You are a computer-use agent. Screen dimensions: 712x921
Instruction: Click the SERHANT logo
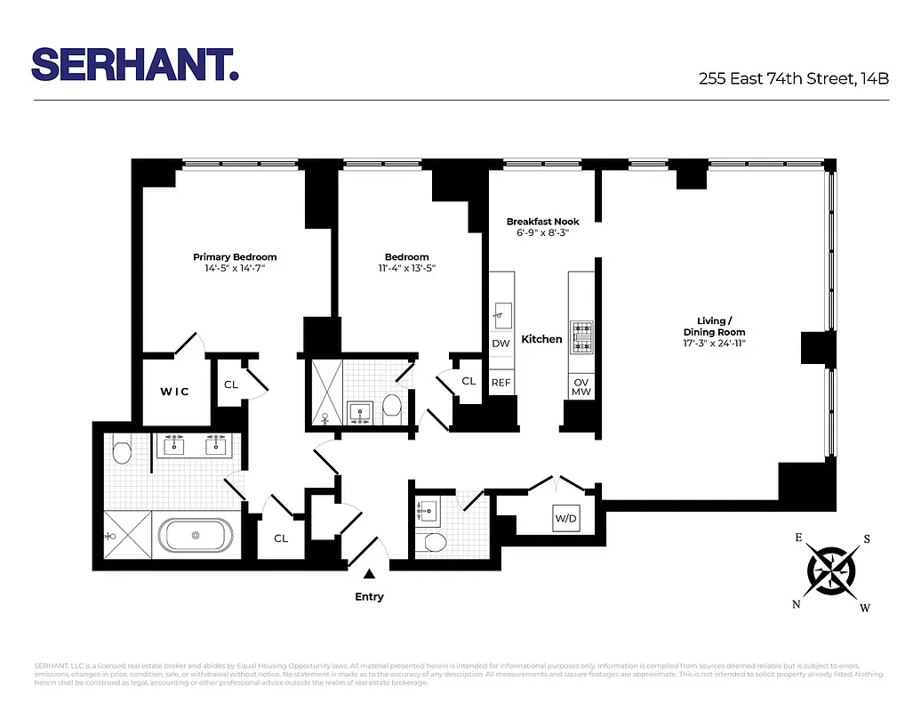[135, 64]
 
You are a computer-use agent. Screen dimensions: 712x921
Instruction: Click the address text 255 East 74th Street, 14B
[793, 79]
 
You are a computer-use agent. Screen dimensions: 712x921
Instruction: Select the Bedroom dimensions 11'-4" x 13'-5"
[406, 267]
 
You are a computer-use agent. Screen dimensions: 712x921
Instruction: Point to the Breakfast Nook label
[542, 222]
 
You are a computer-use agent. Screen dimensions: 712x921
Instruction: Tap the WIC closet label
[174, 392]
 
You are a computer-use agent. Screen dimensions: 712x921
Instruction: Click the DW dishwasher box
[501, 344]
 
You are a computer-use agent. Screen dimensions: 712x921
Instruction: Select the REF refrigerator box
[501, 383]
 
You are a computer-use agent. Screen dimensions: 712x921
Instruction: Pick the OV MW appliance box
[581, 386]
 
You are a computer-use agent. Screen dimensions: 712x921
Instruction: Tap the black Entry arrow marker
[369, 576]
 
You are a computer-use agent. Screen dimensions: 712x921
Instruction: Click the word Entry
[369, 597]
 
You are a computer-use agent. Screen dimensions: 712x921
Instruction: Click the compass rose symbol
[832, 570]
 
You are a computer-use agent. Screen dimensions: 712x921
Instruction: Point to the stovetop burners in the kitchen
[581, 334]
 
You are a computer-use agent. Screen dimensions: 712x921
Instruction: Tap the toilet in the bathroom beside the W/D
[435, 542]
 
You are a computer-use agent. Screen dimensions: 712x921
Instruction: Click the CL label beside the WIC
[231, 384]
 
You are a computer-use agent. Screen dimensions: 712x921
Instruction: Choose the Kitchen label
[541, 339]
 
